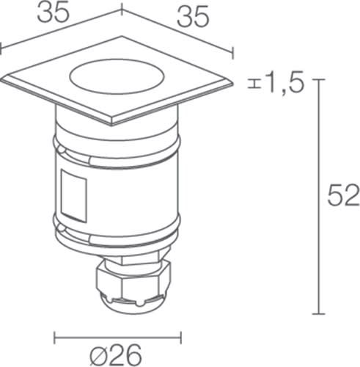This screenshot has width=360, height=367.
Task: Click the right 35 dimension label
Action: point(193,18)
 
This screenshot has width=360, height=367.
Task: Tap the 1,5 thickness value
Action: point(286,83)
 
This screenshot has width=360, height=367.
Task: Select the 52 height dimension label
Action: point(343,195)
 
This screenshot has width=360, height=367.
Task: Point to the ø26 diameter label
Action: point(116,355)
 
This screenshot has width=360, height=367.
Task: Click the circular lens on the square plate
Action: point(117,76)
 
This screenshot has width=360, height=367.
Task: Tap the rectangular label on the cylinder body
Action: point(74,196)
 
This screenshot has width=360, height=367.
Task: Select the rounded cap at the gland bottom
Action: point(133,305)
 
